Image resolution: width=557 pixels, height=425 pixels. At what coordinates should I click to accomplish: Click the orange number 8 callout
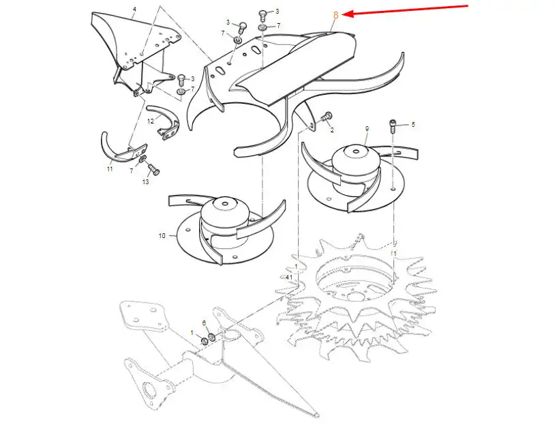pos(335,15)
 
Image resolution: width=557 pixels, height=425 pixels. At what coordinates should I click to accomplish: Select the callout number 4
pos(134,9)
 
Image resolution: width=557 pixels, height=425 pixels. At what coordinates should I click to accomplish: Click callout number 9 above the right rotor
pos(367,129)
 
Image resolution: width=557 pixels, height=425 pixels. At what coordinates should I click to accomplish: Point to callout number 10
pos(162,235)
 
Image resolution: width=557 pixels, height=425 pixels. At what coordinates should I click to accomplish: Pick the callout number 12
pos(151,121)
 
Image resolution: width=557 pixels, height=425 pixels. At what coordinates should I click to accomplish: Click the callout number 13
pos(146,182)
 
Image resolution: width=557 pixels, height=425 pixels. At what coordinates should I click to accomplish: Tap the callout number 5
pos(412,124)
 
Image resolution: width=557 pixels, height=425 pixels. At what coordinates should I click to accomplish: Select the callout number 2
pos(332,130)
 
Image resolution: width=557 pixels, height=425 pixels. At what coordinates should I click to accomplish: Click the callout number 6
pos(205,323)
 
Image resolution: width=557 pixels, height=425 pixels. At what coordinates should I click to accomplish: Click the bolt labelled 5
pos(393,126)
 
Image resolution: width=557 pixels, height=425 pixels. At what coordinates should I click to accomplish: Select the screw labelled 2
pos(326,116)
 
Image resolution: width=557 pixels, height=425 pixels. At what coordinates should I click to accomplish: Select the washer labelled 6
pos(212,336)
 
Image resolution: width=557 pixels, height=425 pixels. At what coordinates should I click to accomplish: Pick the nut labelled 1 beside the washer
pos(205,342)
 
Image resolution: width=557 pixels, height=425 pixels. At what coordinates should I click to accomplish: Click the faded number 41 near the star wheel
pos(289,277)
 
